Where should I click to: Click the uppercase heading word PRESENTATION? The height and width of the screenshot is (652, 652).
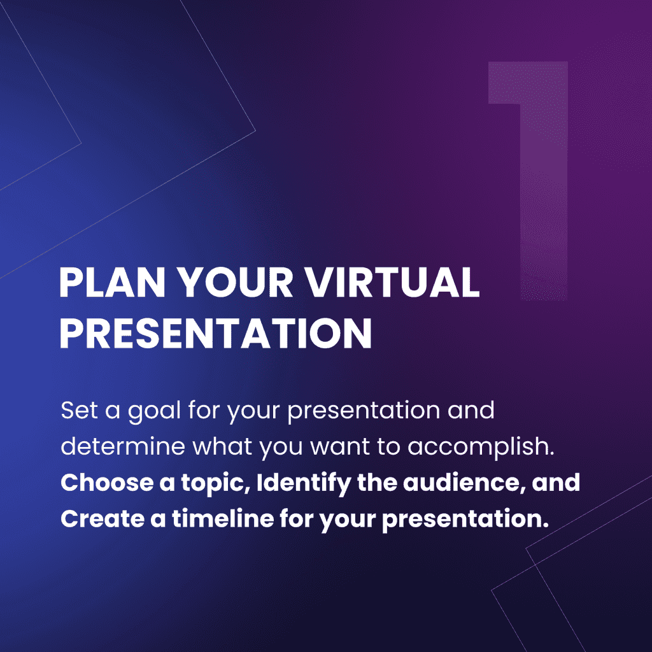216,333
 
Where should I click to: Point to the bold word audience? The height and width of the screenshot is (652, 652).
462,483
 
